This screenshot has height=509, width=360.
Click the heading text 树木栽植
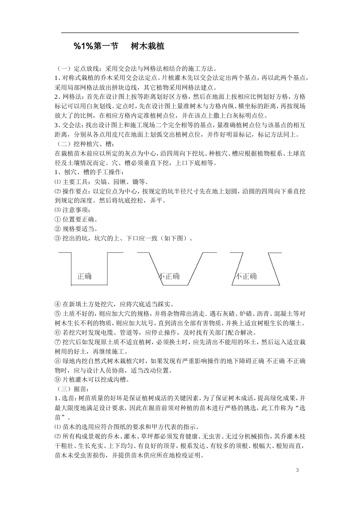click(147, 46)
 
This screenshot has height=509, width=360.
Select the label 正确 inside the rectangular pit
click(84, 276)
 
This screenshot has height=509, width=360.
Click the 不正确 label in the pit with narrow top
click(246, 276)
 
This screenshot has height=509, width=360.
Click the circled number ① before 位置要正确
click(58, 220)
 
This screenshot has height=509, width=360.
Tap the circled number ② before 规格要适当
click(58, 229)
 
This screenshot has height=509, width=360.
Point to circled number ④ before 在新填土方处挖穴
click(58, 304)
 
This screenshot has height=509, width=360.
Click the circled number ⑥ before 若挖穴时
click(58, 333)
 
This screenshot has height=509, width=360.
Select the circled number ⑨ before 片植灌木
click(58, 379)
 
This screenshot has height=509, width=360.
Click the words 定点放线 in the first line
click(87, 69)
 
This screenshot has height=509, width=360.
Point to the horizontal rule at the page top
click(180, 33)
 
